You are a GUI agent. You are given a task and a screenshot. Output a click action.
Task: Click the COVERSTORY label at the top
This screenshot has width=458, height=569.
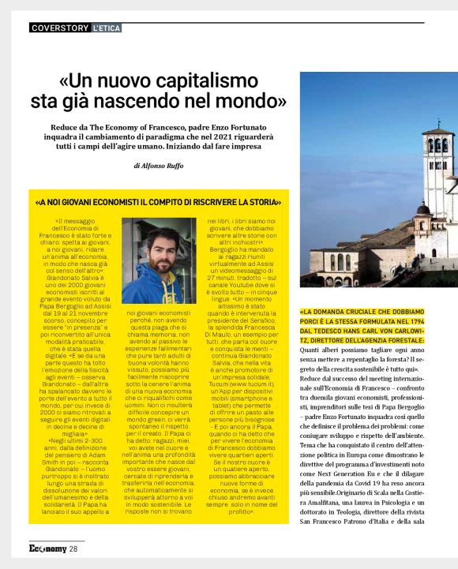[x=59, y=28]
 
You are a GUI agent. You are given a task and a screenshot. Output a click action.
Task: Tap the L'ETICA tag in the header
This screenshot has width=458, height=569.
[x=107, y=28]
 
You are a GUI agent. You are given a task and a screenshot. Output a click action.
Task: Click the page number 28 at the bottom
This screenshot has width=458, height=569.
[x=73, y=548]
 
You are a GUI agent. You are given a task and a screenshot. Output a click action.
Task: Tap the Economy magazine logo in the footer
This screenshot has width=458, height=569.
[x=47, y=548]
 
